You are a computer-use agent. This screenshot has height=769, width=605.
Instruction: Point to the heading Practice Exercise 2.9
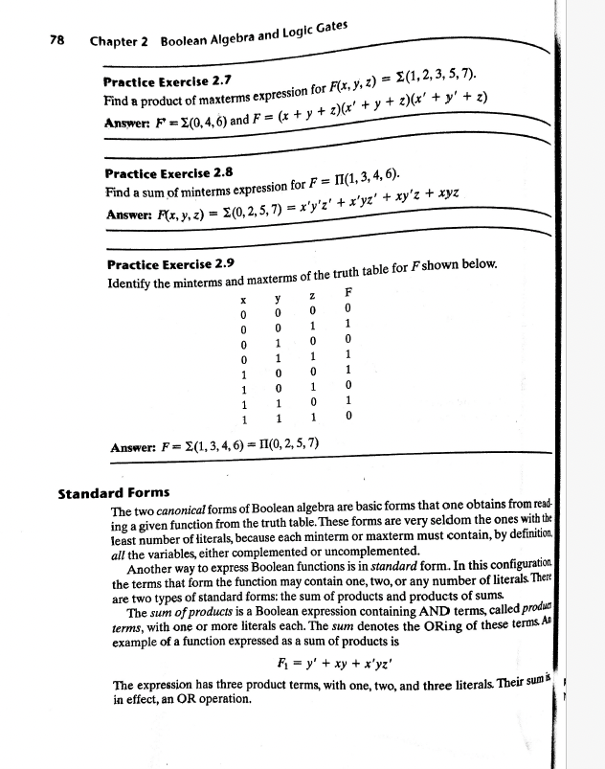tap(169, 262)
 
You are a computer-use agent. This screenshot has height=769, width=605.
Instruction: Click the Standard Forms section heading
tap(114, 495)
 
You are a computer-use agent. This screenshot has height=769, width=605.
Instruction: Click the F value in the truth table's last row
tap(349, 417)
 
